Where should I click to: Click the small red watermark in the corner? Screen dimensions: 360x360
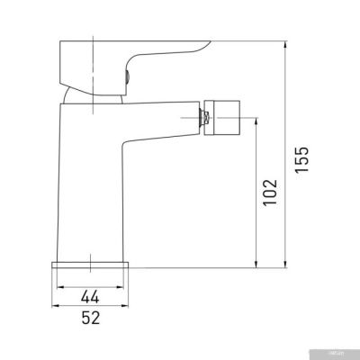345,354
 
